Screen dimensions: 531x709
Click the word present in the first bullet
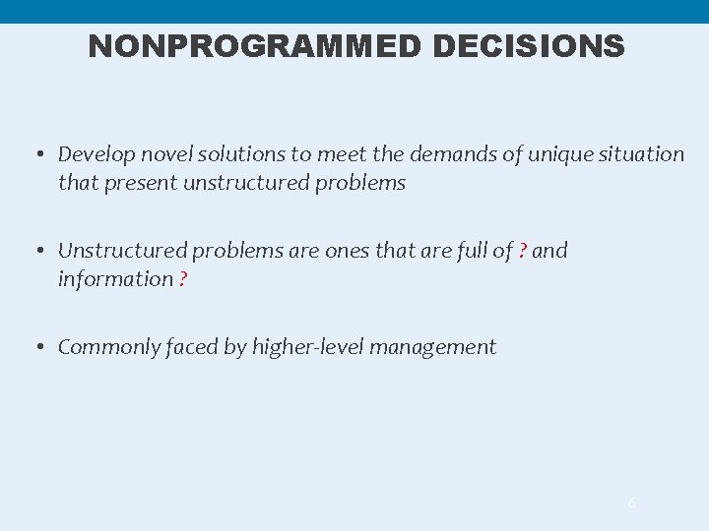[x=137, y=183]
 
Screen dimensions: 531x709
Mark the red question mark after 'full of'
[x=522, y=251]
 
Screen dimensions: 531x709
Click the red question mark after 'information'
[x=183, y=279]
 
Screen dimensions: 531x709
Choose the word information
[x=115, y=279]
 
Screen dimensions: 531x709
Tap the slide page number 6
[x=632, y=503]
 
